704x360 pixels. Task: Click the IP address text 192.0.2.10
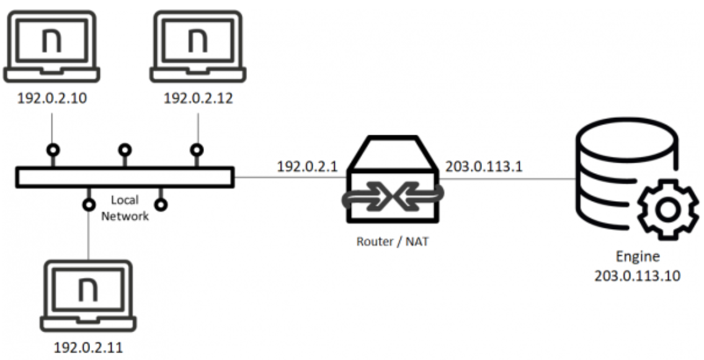click(x=51, y=99)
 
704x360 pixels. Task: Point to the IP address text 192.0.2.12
click(x=198, y=99)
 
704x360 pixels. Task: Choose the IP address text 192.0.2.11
click(x=88, y=348)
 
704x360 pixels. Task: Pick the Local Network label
click(x=125, y=209)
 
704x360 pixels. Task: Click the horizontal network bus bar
click(x=125, y=177)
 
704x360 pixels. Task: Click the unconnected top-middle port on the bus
click(x=125, y=150)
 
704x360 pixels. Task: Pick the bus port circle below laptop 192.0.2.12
click(x=197, y=150)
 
